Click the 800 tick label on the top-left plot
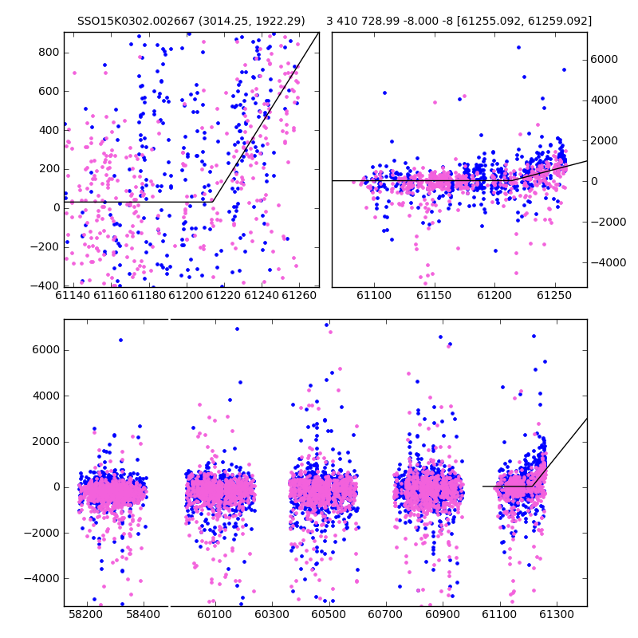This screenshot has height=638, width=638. click(49, 53)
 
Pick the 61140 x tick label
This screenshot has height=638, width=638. click(73, 295)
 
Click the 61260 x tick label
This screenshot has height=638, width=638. click(299, 295)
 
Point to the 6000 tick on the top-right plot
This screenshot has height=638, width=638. click(605, 59)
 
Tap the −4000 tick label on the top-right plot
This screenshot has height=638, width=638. click(608, 263)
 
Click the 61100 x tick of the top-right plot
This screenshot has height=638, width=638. click(374, 295)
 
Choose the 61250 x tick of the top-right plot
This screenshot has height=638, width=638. click(554, 295)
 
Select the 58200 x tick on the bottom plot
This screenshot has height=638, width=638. click(85, 614)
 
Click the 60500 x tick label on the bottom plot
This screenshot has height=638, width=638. click(329, 614)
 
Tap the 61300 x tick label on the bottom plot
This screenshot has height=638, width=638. click(556, 614)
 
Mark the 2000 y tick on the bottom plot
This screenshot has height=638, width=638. click(46, 442)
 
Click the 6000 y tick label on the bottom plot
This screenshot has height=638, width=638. click(46, 350)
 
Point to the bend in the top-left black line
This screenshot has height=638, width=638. click(213, 202)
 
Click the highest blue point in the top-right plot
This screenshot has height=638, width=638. click(519, 48)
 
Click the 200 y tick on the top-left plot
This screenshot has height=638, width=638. click(49, 169)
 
